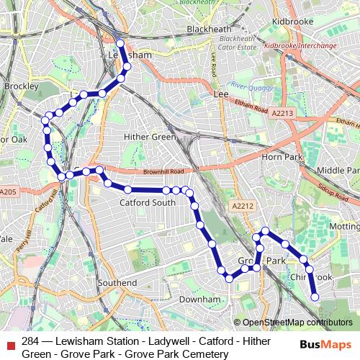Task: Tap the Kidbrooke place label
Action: pos(292,22)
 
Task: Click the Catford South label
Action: pos(147,203)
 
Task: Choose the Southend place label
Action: pos(117,283)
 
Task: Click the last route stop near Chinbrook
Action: pos(315,296)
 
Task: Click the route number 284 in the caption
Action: pos(31,341)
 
